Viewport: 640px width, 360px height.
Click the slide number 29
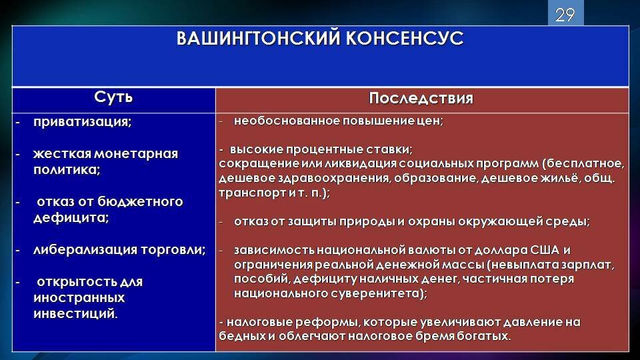[565, 15]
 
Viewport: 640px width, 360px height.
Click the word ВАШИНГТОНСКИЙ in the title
[258, 39]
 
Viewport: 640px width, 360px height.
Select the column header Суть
[113, 98]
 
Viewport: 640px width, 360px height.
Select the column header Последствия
[421, 99]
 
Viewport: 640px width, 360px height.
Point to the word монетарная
[136, 154]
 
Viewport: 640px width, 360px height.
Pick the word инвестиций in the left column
[74, 313]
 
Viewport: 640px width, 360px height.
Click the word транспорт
[247, 193]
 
